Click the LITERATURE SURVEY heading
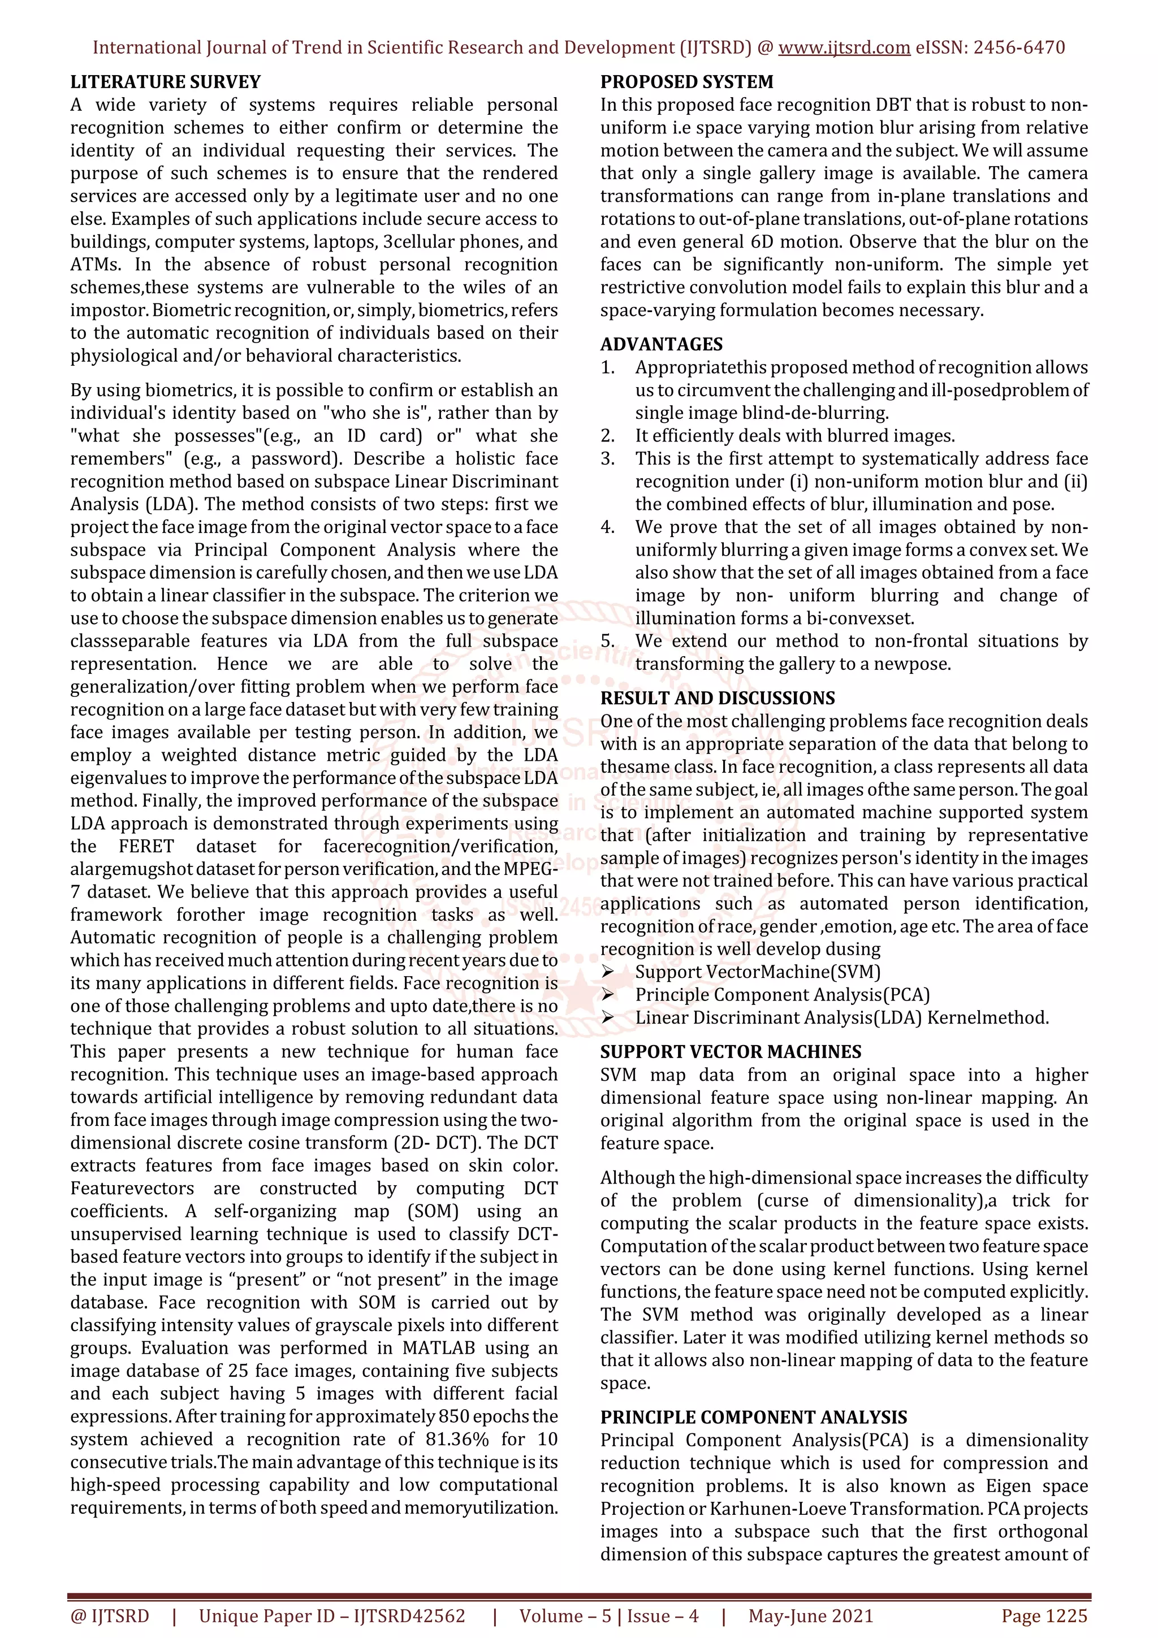(x=166, y=82)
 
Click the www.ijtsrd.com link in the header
(x=844, y=48)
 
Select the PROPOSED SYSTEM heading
(x=686, y=82)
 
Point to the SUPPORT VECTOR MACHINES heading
(x=731, y=1051)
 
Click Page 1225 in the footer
(x=1044, y=1616)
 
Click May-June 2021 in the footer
(x=810, y=1616)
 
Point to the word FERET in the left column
(x=146, y=846)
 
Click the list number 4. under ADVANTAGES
(x=607, y=527)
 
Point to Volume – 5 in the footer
(x=565, y=1616)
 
